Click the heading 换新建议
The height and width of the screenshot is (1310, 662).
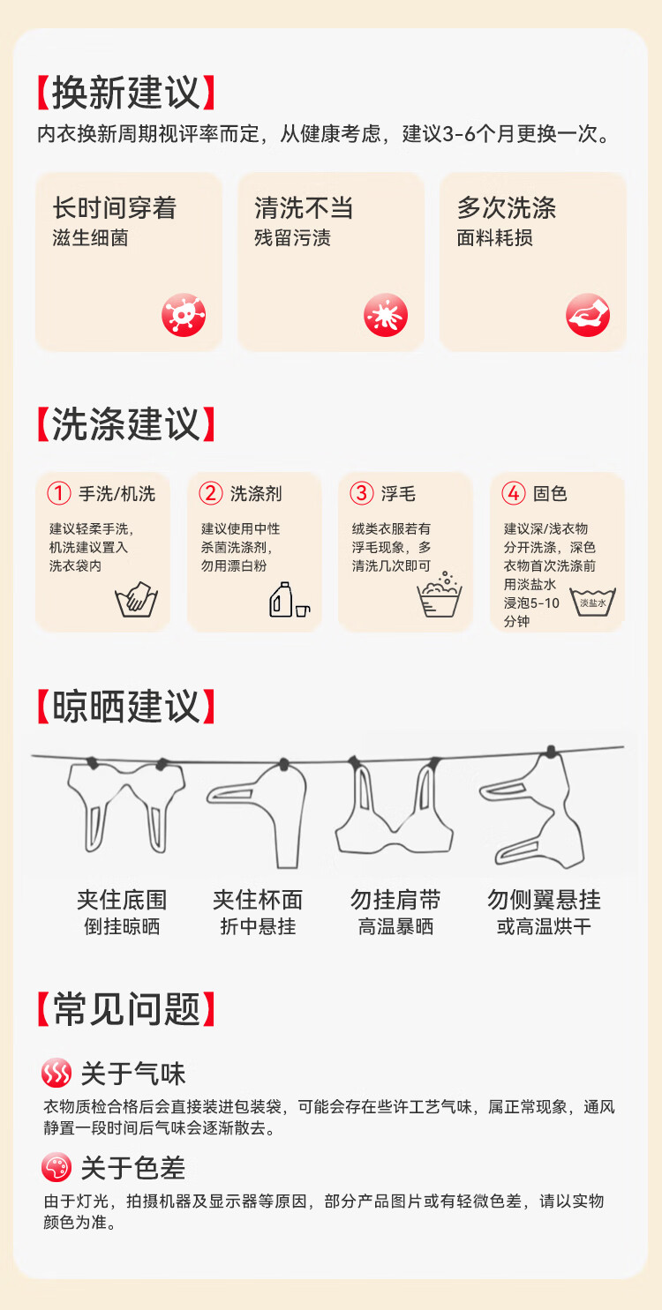point(126,93)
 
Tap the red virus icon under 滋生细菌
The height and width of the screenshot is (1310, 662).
point(184,315)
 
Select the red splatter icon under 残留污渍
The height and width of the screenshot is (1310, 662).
point(386,315)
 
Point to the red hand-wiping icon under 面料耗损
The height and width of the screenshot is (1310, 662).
point(588,315)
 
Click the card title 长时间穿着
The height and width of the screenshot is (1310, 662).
point(115,207)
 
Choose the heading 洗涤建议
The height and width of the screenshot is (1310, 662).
point(126,424)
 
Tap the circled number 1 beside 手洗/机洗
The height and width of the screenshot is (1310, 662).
point(59,493)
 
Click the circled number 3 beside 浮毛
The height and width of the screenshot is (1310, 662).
point(362,493)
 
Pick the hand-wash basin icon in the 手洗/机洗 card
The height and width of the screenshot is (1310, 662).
point(137,600)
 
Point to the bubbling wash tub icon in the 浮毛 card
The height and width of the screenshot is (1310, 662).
point(440,595)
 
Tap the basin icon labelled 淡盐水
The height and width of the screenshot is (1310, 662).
point(593,603)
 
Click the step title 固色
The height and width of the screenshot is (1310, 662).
point(550,494)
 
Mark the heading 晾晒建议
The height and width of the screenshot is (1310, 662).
point(126,707)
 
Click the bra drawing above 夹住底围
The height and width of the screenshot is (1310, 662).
point(126,805)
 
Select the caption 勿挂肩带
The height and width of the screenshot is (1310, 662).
point(395,900)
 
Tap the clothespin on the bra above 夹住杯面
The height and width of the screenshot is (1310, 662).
point(284,764)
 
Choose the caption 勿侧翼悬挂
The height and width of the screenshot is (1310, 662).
point(544,900)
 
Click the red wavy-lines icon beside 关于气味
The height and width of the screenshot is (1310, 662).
point(56,1073)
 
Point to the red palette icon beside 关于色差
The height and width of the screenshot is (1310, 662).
point(56,1167)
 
